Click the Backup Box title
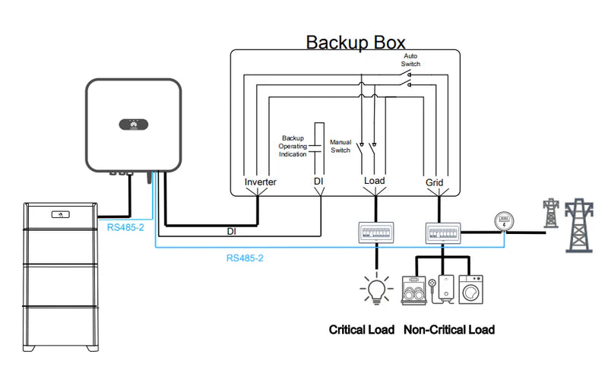pos(355,41)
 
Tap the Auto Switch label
pos(410,60)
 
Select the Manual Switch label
pos(340,146)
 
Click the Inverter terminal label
pos(261,182)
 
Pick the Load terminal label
pos(374,182)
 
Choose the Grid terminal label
pos(434,182)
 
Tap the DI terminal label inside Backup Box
pos(320,182)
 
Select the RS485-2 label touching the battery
pos(125,226)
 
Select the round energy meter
pos(502,221)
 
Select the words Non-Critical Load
pos(448,330)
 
